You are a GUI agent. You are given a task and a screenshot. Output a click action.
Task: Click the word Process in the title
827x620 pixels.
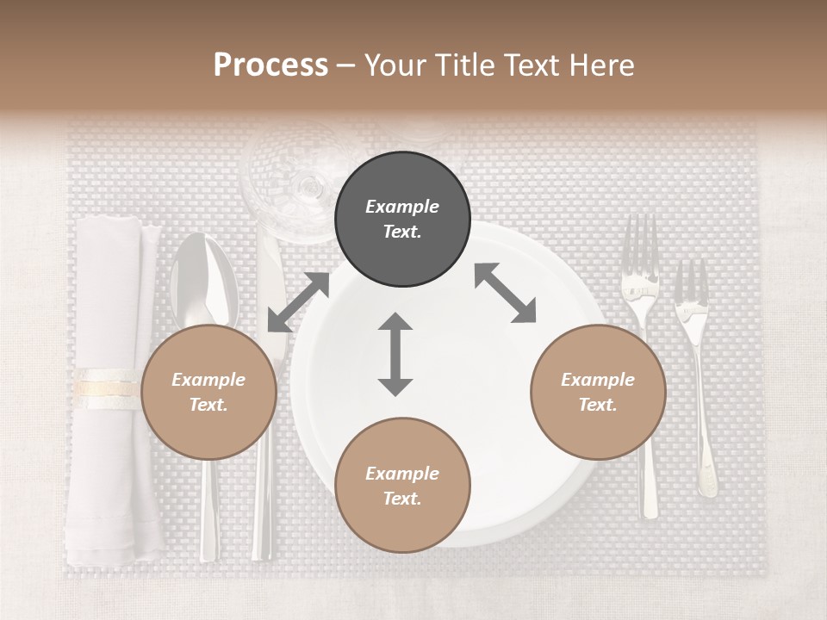[x=270, y=65]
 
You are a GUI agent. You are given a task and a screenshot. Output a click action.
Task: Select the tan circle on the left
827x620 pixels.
[x=208, y=392]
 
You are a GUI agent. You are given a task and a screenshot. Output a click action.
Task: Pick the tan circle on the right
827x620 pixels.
[x=598, y=392]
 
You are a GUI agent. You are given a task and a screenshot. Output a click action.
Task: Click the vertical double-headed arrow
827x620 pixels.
[x=395, y=354]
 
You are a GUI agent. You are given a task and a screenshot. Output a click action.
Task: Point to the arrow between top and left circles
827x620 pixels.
[x=298, y=302]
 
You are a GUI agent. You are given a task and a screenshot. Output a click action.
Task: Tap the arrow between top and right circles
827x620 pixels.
[x=505, y=293]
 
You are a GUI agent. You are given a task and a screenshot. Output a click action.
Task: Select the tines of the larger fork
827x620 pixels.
[x=639, y=245]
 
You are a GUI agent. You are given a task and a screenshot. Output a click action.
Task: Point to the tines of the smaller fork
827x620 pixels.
[x=690, y=284]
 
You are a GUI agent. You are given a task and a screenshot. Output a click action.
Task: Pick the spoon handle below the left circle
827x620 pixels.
[x=208, y=508]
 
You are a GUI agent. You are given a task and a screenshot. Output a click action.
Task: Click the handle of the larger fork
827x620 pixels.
[x=649, y=482]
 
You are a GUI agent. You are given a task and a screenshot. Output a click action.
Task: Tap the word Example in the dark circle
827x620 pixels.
[x=402, y=207]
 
